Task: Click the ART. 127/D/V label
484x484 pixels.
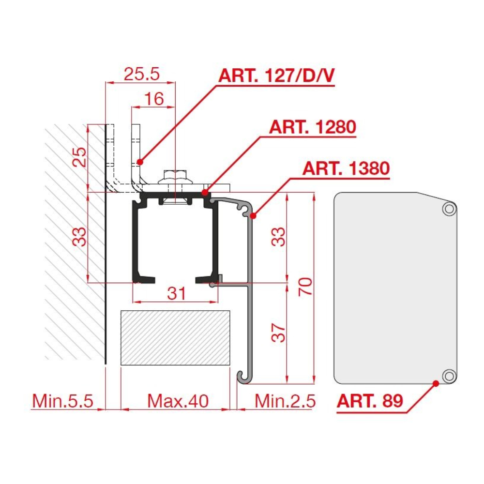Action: click(x=276, y=75)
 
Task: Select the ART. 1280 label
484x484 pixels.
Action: click(x=313, y=127)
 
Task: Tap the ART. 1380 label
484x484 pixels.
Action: click(x=346, y=168)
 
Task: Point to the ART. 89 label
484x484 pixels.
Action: click(x=370, y=401)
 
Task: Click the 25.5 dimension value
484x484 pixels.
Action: click(x=142, y=74)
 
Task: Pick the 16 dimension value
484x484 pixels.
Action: click(x=154, y=99)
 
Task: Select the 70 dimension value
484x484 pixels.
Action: click(x=305, y=287)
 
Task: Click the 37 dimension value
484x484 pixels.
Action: click(x=278, y=333)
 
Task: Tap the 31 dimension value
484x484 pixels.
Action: click(x=177, y=293)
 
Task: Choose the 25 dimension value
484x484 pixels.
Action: click(x=79, y=157)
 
